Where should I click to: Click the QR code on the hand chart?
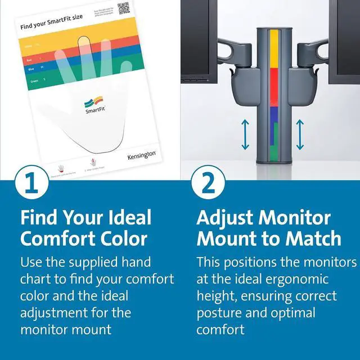coord(124,8)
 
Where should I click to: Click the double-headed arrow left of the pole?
coord(245,135)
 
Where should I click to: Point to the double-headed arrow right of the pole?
coord(300,135)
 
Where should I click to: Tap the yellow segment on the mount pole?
coord(274,48)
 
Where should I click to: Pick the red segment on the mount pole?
coord(274,87)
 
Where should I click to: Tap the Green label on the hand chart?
coord(34,81)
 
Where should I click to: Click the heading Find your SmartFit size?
coord(51,26)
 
